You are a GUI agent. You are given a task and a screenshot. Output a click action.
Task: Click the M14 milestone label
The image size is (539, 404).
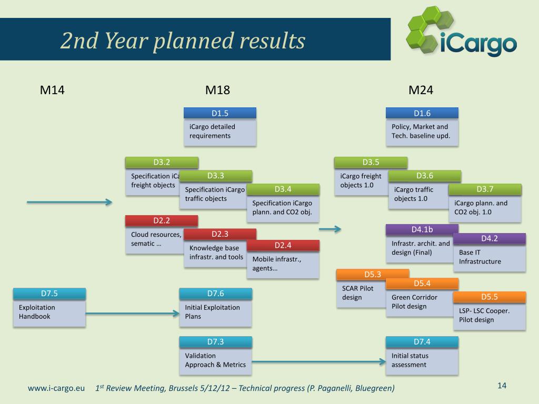click(52, 90)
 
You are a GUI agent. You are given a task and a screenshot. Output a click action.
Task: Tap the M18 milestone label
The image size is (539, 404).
click(217, 90)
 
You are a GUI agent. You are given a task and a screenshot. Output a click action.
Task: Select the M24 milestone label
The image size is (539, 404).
click(421, 90)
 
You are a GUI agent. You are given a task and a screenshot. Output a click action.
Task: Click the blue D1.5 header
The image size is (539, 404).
click(220, 113)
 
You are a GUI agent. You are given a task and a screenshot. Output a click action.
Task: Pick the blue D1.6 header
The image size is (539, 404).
click(422, 113)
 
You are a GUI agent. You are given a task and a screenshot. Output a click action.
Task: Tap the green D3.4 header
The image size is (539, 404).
click(283, 189)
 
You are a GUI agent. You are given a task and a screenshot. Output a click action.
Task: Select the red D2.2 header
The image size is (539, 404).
click(162, 220)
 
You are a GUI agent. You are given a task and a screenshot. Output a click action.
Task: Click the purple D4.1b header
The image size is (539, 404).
click(422, 229)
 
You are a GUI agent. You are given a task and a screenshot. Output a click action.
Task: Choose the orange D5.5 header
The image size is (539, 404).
click(490, 297)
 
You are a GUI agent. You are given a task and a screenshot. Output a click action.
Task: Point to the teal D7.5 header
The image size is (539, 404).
click(49, 294)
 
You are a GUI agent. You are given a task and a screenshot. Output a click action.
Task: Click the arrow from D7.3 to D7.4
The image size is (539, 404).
click(318, 361)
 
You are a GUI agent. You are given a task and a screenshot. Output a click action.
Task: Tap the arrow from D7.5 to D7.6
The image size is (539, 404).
click(132, 314)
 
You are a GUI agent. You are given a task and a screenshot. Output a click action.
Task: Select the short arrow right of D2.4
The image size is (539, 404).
click(330, 229)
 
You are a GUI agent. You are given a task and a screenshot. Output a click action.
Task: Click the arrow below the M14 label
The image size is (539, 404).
click(69, 202)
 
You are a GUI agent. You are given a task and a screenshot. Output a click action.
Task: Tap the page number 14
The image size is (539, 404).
click(502, 386)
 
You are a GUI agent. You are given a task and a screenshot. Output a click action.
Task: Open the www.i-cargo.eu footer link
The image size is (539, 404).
click(56, 388)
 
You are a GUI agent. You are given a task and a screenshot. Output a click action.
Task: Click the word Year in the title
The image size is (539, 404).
click(126, 41)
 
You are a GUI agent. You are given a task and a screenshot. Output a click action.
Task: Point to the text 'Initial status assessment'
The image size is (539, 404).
click(410, 360)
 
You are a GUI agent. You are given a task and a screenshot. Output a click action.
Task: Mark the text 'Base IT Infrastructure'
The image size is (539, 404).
click(480, 257)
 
